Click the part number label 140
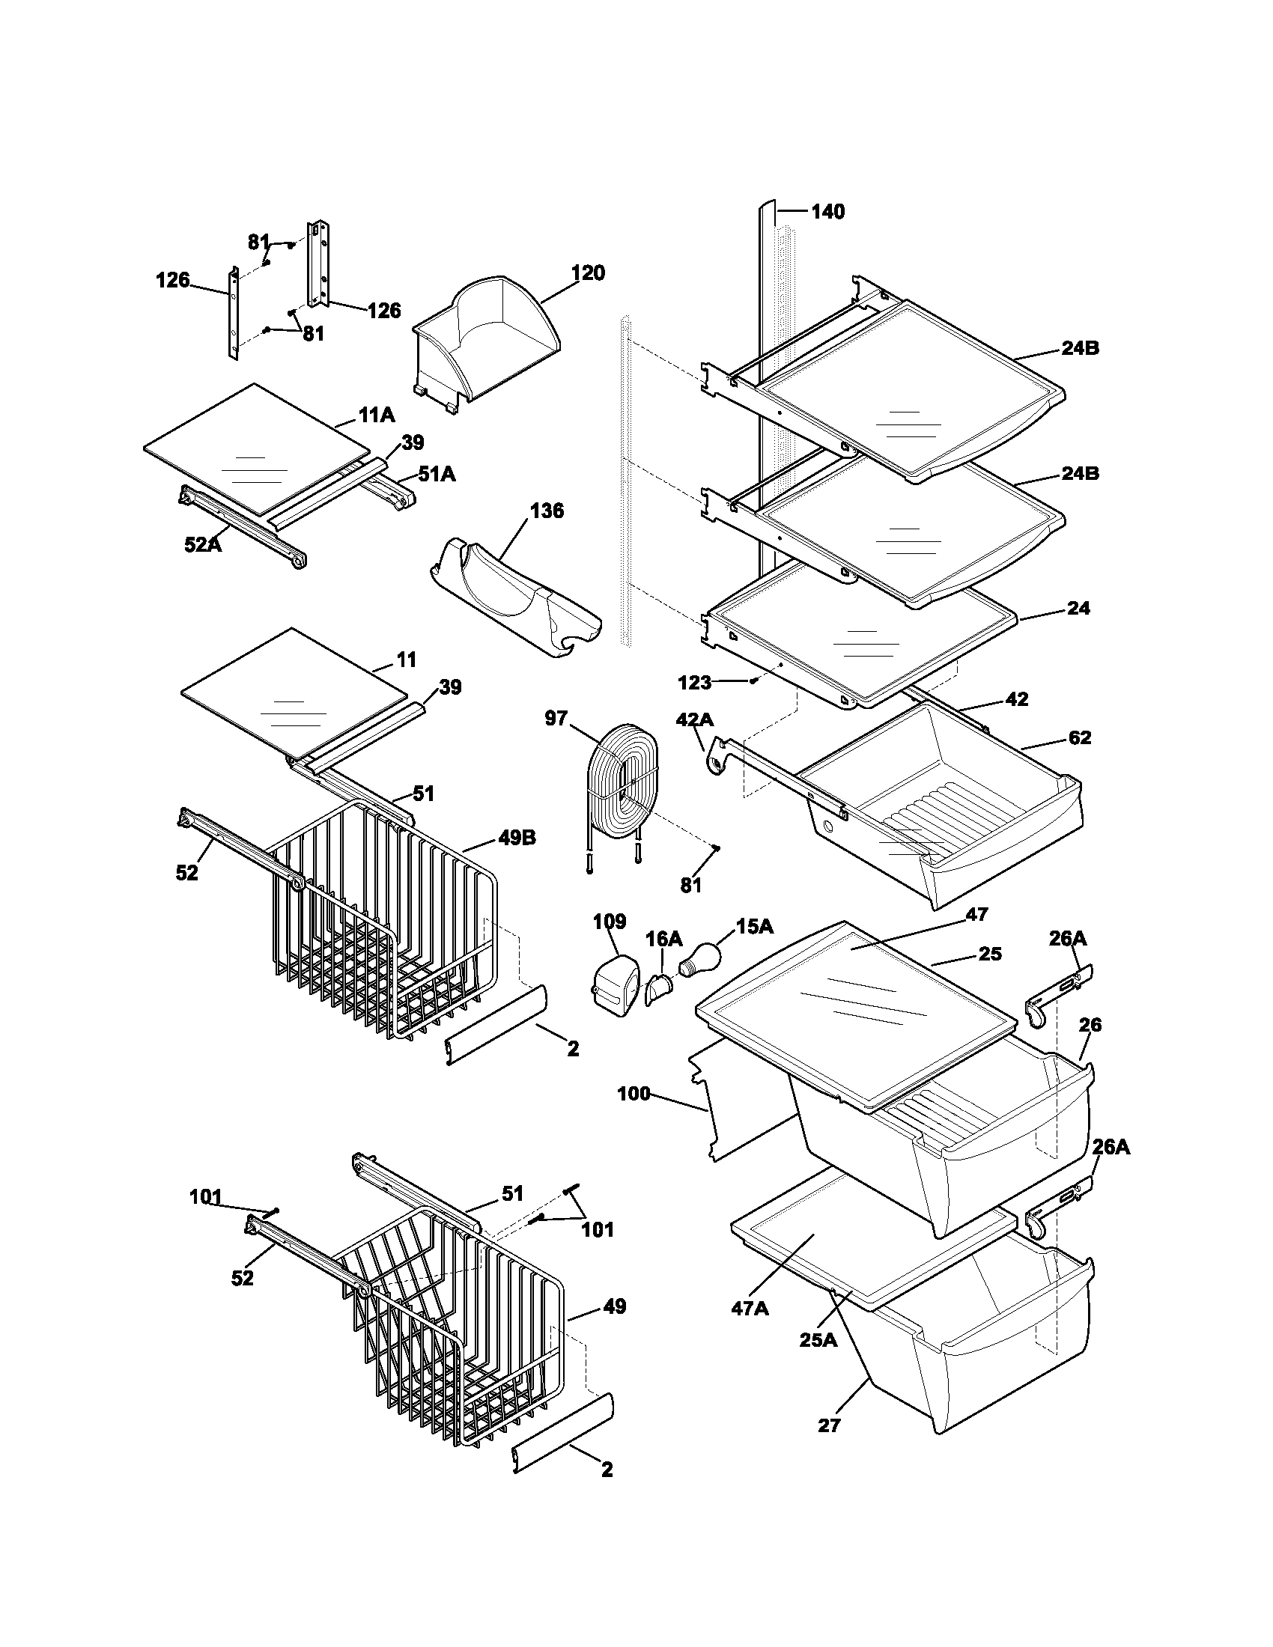click(827, 212)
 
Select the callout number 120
click(588, 273)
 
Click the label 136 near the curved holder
click(547, 511)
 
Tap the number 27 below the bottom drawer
click(828, 1425)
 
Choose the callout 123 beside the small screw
click(694, 682)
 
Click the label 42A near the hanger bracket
click(695, 719)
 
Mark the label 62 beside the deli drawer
click(1080, 737)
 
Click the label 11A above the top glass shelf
click(377, 415)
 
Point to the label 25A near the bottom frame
click(818, 1340)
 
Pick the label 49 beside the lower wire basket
click(615, 1306)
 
